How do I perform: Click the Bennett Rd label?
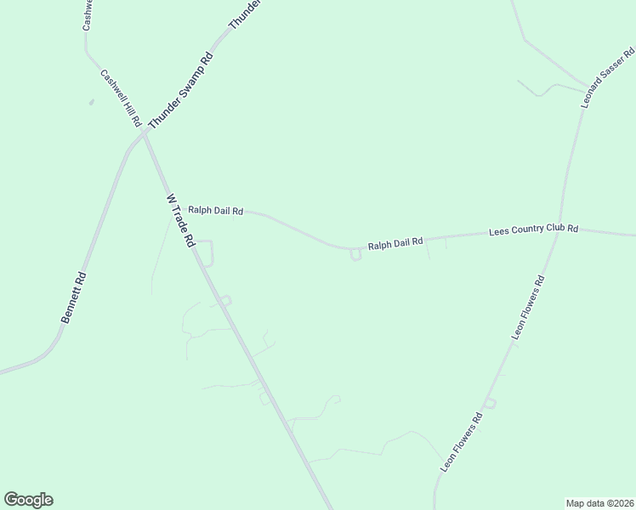(74, 297)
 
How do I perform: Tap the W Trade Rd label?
(180, 220)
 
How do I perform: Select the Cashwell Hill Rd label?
(121, 98)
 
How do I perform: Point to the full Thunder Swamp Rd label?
(179, 92)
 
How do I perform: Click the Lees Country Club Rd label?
(534, 230)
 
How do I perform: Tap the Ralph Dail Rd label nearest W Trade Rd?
(216, 210)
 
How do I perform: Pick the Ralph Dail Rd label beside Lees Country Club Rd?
(395, 244)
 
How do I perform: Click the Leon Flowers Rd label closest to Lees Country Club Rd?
(527, 307)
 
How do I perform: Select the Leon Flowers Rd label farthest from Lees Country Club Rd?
(462, 442)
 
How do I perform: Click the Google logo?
(28, 500)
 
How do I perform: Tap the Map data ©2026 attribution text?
(599, 502)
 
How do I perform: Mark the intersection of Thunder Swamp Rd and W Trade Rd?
(143, 133)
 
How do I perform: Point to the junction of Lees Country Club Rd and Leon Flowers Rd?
(558, 232)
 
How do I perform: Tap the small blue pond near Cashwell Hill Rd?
(91, 102)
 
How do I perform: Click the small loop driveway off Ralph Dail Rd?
(355, 255)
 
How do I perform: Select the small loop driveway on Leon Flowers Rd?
(490, 402)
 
